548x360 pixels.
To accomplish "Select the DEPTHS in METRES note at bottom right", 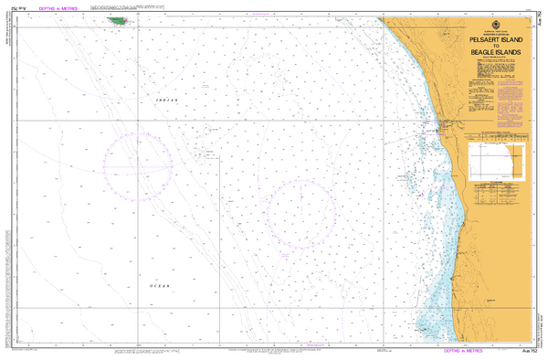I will tap(463, 352).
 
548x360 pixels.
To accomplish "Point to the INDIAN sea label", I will tap(164, 96).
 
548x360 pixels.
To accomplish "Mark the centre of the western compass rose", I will tap(137, 165).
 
